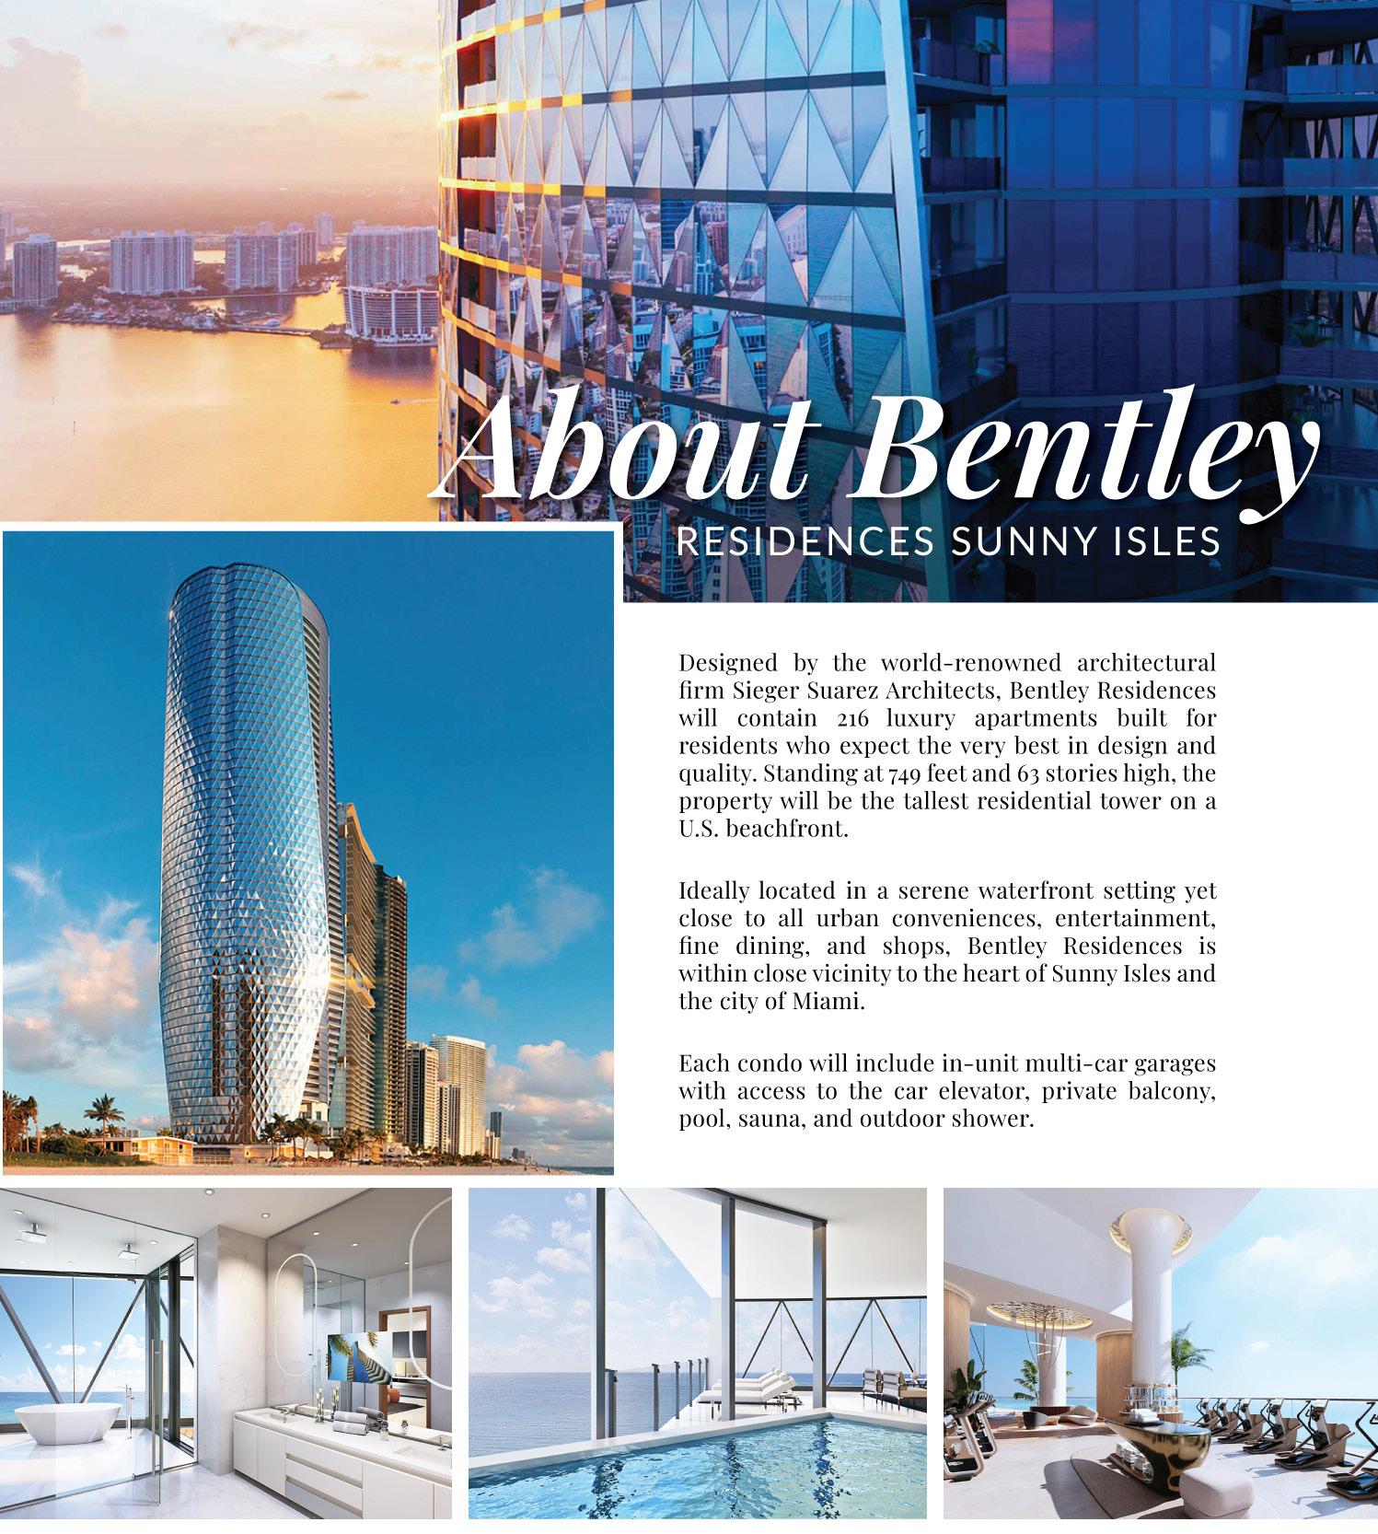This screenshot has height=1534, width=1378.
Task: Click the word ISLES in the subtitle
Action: [x=1167, y=542]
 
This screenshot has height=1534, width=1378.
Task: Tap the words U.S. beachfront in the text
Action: [x=762, y=828]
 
